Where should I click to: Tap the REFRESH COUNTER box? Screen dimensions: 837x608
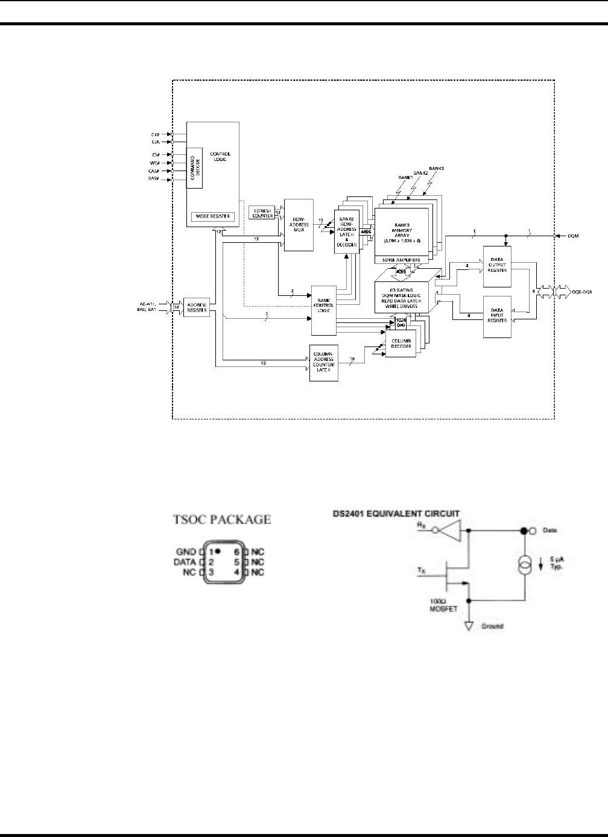tap(261, 212)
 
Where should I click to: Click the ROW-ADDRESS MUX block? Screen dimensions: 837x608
tap(299, 224)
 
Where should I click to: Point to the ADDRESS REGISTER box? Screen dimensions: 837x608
tap(196, 307)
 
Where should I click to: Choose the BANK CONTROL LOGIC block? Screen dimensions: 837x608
tap(323, 310)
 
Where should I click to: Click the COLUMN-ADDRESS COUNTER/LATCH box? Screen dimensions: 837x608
tap(323, 363)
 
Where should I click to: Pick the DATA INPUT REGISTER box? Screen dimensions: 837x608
tap(497, 316)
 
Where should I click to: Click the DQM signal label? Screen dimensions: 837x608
tap(573, 236)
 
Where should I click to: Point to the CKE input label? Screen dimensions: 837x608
tap(155, 134)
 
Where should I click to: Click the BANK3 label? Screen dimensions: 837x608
tap(436, 168)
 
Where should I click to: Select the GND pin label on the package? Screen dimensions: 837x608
tap(186, 551)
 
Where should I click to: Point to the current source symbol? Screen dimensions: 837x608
tap(523, 567)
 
